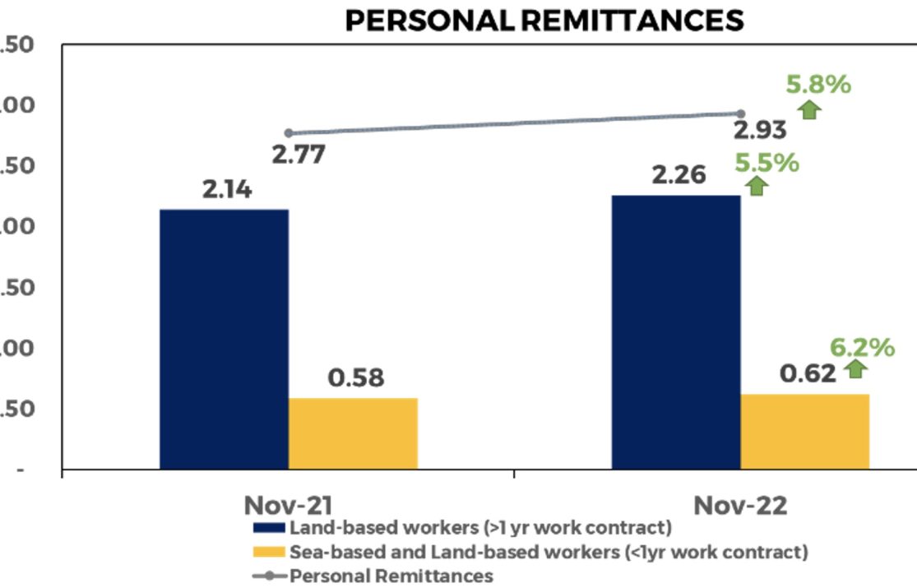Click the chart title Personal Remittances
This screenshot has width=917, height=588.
544,20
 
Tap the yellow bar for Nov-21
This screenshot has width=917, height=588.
353,433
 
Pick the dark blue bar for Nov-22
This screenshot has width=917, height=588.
676,332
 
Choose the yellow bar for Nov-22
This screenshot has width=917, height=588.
804,432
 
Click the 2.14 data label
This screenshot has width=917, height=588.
228,190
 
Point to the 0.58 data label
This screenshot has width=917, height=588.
356,378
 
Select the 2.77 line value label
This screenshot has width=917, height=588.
298,154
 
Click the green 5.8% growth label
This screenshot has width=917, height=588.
817,84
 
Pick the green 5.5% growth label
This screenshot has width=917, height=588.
766,163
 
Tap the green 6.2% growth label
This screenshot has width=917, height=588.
861,348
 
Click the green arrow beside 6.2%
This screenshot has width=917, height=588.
856,368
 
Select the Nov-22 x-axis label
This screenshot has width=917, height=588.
740,505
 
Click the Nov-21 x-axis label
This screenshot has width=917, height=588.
289,505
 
